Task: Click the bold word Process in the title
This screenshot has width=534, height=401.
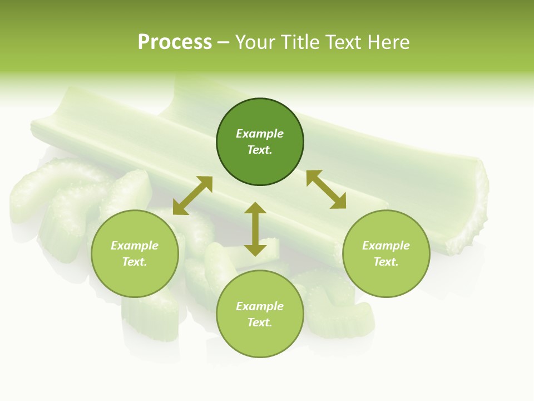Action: click(175, 42)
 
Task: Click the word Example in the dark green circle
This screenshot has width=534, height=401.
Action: click(260, 134)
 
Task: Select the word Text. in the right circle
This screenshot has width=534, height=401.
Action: click(386, 262)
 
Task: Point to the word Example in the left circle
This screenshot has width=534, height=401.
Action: click(135, 246)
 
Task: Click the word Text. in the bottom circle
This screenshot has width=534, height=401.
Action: click(260, 322)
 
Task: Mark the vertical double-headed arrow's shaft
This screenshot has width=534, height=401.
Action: click(255, 229)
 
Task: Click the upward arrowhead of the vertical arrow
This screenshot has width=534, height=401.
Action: click(255, 208)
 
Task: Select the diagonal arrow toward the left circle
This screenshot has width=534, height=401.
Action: click(192, 195)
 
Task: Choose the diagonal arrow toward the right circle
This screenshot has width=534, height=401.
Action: click(326, 189)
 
